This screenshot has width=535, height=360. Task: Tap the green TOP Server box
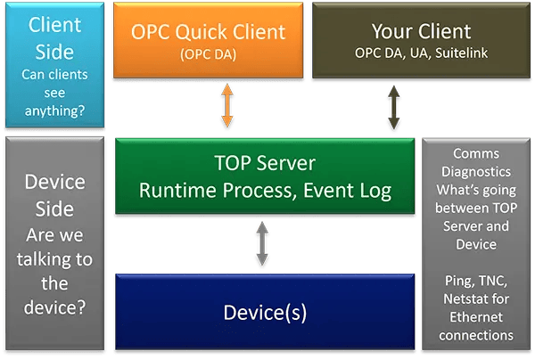[265, 176]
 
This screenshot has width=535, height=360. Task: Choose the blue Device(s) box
[265, 313]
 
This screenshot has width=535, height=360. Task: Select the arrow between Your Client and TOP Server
[391, 109]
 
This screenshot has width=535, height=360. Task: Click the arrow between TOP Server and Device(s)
[261, 245]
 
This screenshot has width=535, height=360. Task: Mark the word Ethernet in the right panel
[475, 318]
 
